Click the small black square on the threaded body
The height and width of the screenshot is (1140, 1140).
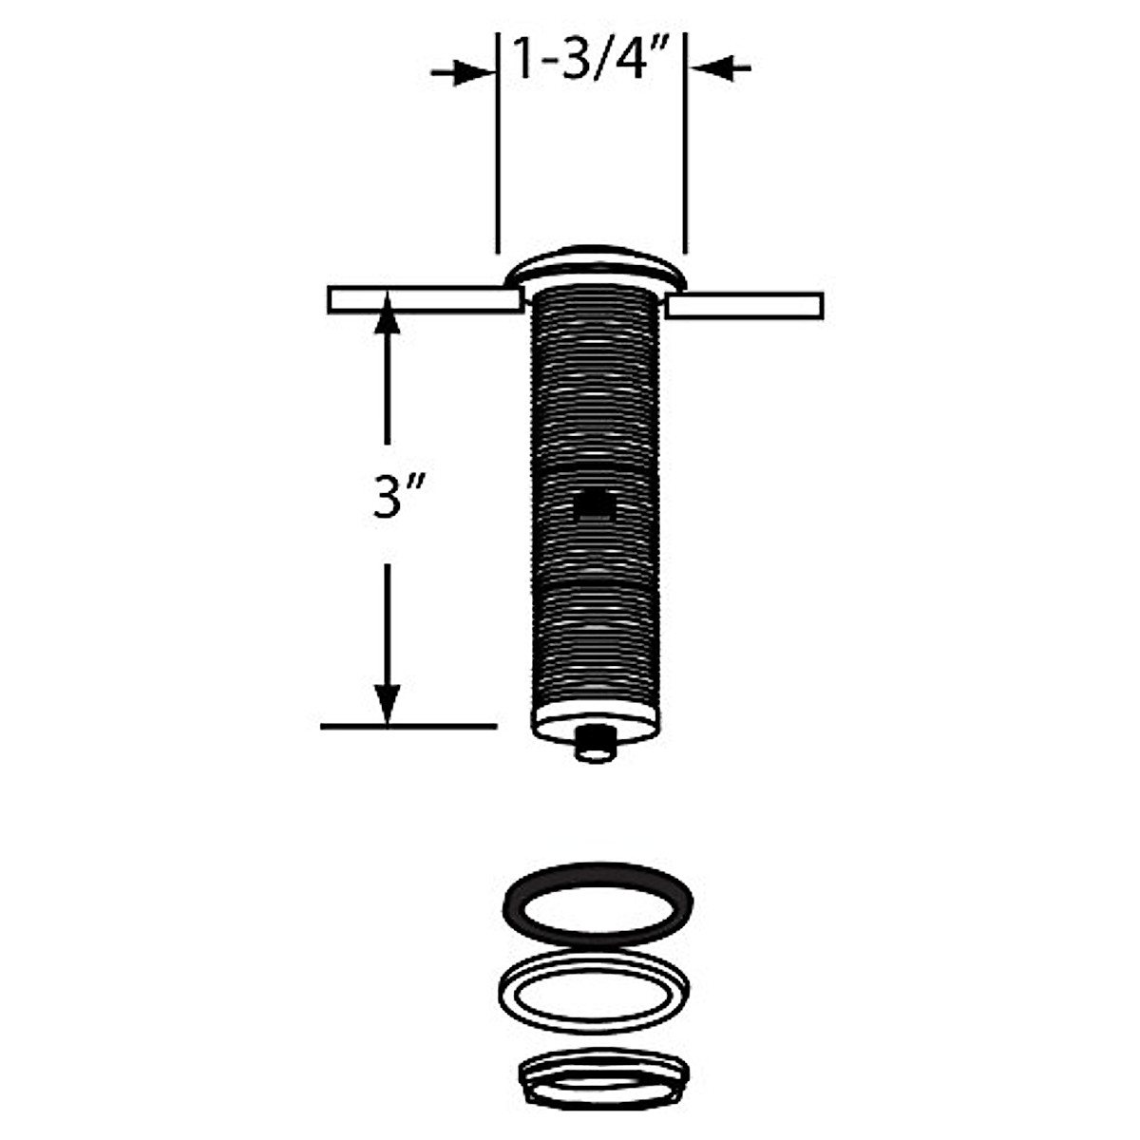pos(595,503)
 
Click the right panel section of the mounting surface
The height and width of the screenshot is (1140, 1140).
pos(745,306)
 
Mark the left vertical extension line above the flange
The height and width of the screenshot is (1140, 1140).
pos(497,142)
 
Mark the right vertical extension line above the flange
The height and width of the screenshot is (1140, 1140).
pos(685,142)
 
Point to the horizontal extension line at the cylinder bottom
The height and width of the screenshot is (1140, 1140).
pos(408,727)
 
